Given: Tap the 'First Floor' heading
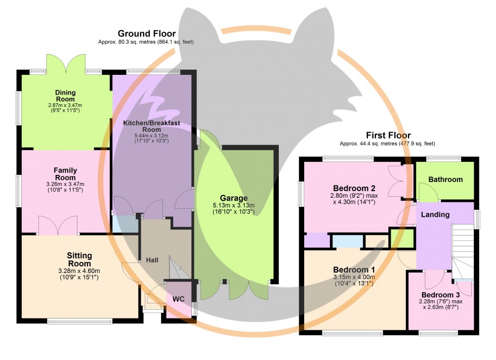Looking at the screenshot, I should tap(388, 135).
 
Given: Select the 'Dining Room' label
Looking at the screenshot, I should tap(66, 96).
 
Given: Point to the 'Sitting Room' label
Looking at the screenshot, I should tap(79, 259).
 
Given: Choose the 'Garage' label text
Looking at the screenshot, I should tap(233, 198).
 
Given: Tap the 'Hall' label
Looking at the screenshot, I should tap(152, 260).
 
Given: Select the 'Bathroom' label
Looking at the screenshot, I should tap(445, 179).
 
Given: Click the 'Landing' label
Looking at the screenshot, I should tap(435, 214).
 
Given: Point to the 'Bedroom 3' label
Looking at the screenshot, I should tap(440, 295).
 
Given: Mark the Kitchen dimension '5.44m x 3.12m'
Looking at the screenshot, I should tap(151, 136).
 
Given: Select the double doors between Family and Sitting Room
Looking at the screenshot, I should tap(58, 226).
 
